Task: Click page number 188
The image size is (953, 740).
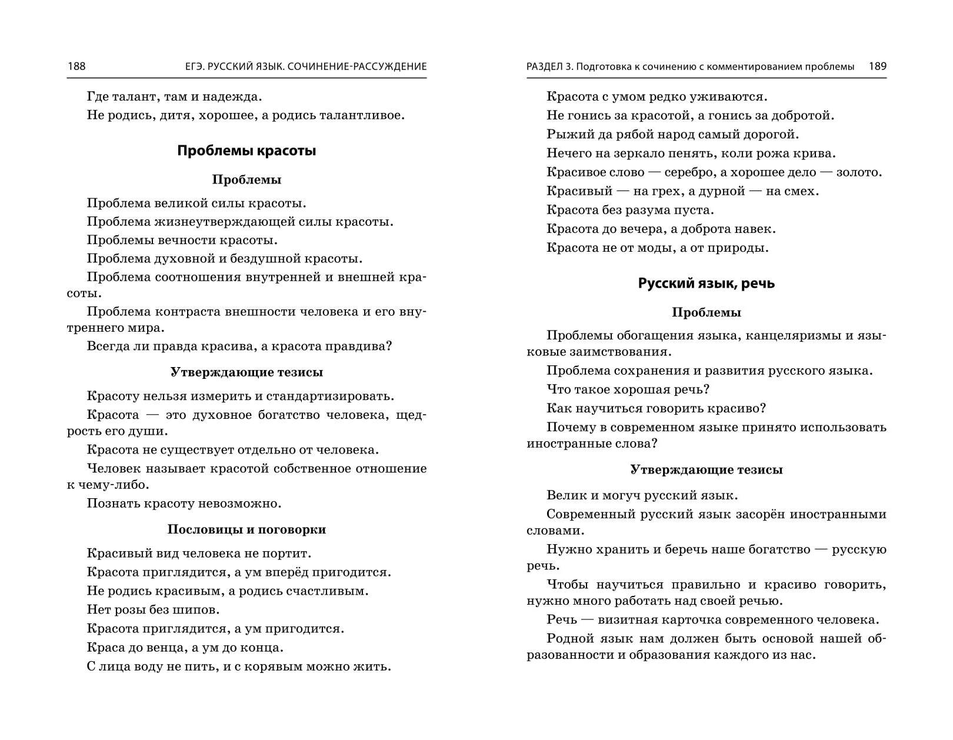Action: point(76,66)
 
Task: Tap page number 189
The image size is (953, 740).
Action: point(877,66)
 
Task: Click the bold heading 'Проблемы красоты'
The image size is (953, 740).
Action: point(246,151)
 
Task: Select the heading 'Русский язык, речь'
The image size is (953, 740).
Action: point(707,284)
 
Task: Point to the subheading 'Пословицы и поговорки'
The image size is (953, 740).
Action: point(246,529)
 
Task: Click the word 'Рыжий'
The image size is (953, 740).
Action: point(564,135)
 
